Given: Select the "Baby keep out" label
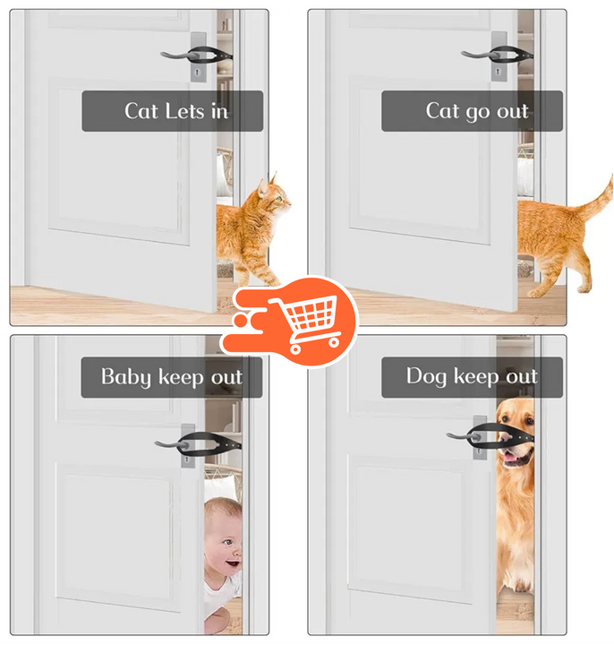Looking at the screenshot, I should [173, 377].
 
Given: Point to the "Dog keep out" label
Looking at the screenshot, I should [472, 377].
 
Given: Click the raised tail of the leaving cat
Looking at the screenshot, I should [599, 202].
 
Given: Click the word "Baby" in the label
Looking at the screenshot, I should [127, 377].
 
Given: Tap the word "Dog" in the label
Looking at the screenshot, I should [426, 376].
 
